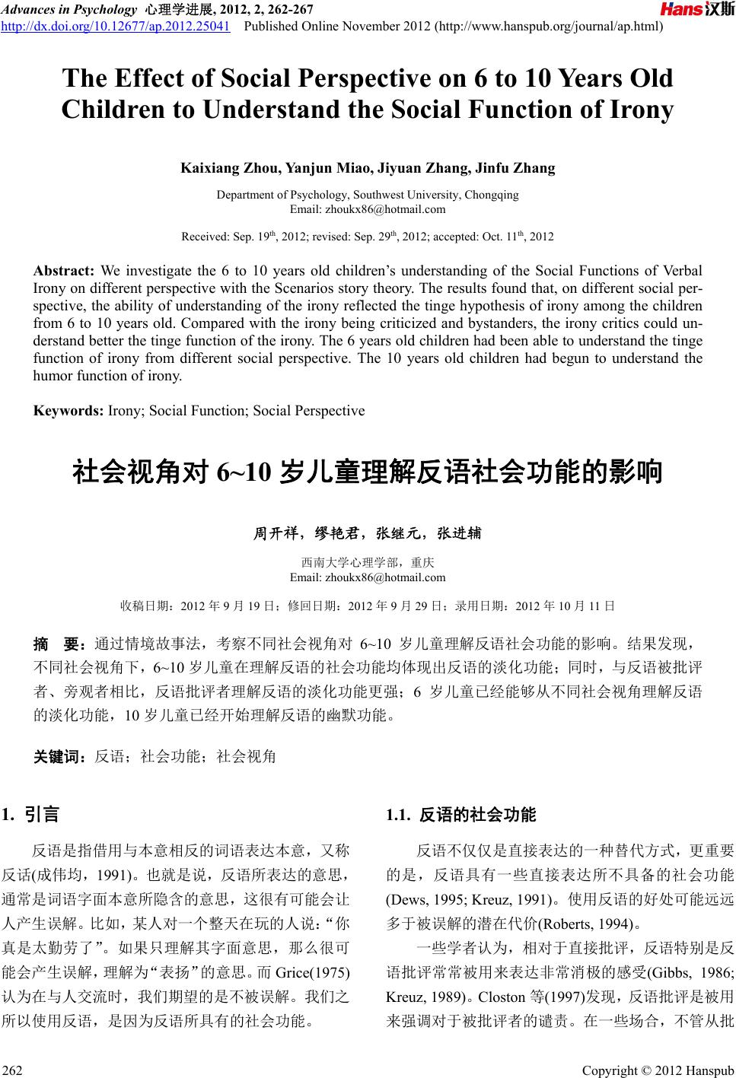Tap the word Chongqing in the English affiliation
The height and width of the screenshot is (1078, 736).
click(492, 195)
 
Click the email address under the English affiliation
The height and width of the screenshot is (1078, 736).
click(368, 208)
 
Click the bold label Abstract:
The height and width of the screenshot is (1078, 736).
click(63, 271)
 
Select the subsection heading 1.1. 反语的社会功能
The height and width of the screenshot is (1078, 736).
click(461, 816)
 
